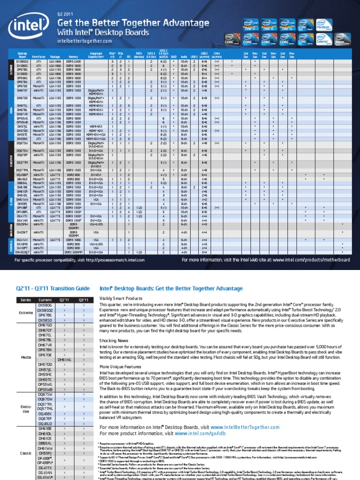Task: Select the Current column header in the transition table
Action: click(45, 300)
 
